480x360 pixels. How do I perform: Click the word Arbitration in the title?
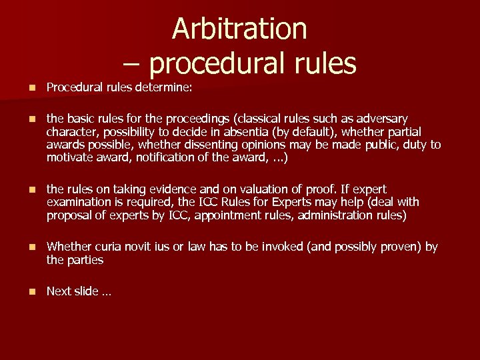click(239, 29)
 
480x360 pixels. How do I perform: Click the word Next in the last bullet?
click(59, 291)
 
